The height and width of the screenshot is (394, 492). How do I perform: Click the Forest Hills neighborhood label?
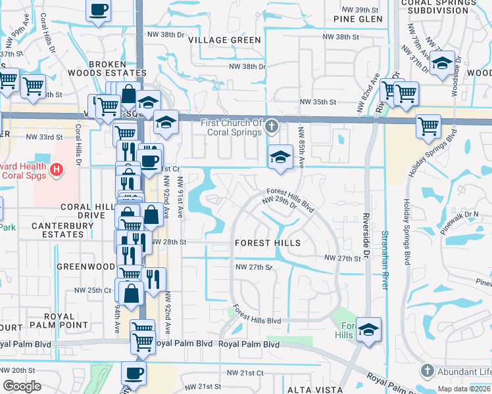click(268, 243)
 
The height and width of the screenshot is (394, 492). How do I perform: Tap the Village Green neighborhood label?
click(224, 40)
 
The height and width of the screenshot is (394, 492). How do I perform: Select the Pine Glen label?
click(358, 19)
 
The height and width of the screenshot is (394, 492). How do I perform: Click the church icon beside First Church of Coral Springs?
click(272, 125)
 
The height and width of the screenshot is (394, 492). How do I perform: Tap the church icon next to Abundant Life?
click(428, 370)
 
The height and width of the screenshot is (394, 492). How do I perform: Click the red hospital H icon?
click(57, 170)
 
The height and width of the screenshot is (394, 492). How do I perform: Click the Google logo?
click(22, 386)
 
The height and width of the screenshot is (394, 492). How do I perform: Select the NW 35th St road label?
click(318, 102)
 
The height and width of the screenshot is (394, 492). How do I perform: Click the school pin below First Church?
click(280, 158)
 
